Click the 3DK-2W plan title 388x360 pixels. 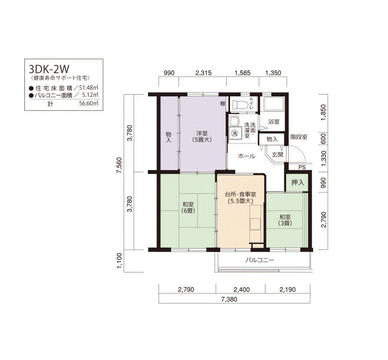click(49, 69)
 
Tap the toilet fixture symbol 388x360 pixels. click(239, 104)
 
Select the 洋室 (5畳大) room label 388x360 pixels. click(202, 136)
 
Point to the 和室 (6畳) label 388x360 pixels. click(188, 208)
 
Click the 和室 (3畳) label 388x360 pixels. click(285, 220)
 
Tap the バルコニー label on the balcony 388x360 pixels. click(260, 260)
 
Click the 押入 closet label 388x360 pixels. click(297, 182)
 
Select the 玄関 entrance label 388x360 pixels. click(277, 155)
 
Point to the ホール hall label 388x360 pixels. click(247, 156)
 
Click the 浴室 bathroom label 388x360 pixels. click(274, 122)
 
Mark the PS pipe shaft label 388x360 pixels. click(302, 167)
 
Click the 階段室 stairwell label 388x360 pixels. click(299, 137)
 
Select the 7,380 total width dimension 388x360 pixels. click(229, 300)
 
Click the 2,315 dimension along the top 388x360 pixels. click(203, 73)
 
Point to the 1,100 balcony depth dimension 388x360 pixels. click(119, 261)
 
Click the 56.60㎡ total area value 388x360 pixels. click(89, 103)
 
